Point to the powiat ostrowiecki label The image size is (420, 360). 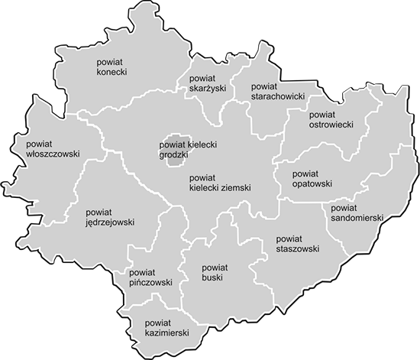tap(330, 118)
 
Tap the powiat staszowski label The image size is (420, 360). tap(297, 243)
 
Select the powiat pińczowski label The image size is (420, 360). tap(151, 277)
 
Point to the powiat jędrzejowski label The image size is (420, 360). tap(110, 216)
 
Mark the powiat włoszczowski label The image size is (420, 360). tap(53, 148)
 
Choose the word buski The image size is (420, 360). tap(213, 280)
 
